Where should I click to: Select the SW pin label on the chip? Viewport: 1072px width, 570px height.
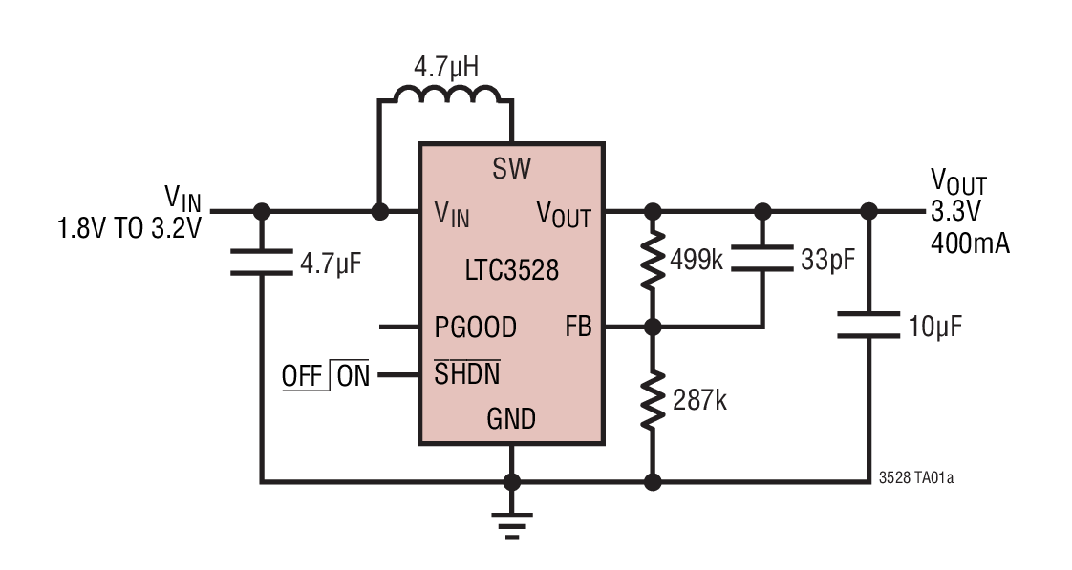click(512, 170)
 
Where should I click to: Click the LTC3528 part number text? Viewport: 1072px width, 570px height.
click(512, 270)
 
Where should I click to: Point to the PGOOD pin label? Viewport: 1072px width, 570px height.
click(475, 327)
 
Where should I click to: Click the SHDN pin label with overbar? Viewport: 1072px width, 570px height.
click(466, 374)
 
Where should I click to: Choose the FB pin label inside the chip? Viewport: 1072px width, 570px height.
click(578, 327)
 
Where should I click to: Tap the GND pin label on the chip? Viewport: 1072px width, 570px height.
click(511, 419)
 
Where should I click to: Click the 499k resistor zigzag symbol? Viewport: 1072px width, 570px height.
click(653, 259)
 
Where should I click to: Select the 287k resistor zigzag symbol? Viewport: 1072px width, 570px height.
click(653, 400)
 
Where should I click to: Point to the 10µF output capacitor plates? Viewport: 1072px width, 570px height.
click(868, 325)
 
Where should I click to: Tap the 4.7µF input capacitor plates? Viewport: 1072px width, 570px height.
click(261, 262)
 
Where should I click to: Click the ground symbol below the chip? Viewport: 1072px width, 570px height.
click(511, 524)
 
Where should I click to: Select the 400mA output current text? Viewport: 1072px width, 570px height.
click(969, 244)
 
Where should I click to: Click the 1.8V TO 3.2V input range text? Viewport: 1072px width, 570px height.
click(129, 229)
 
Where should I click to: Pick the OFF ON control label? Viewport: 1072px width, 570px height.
click(326, 375)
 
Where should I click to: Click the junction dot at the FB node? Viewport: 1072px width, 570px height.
click(653, 327)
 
